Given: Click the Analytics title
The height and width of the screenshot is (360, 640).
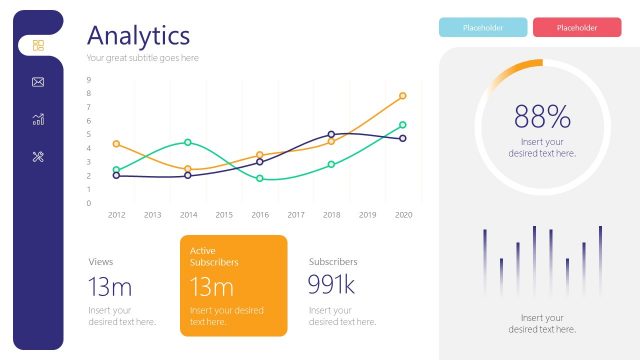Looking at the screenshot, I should (138, 35).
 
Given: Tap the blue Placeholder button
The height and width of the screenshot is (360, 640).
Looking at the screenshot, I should (483, 27).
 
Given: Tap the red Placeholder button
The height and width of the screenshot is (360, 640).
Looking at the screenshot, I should (577, 27).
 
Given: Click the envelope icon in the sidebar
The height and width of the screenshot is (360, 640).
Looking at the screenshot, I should (38, 82).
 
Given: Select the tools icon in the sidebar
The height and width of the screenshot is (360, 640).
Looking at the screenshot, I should (38, 156).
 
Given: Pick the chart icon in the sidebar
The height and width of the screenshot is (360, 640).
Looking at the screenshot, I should (38, 119).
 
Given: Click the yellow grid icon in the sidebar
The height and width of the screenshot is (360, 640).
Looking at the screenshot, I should (38, 45).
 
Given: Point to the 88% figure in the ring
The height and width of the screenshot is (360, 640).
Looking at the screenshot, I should (542, 117).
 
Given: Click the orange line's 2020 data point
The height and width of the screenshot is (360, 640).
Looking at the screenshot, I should (403, 96).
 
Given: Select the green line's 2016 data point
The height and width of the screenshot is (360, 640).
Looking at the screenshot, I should (260, 179).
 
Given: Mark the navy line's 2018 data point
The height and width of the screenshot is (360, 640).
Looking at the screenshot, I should (331, 134).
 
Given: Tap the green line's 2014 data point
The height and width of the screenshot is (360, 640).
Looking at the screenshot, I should (188, 143).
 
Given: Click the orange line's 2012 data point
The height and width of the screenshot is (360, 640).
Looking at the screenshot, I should (116, 144).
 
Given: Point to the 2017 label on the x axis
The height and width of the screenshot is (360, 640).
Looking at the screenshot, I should (296, 214).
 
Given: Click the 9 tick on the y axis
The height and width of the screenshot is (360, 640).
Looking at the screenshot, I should (89, 80).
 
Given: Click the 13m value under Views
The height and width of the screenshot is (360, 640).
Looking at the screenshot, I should (110, 288).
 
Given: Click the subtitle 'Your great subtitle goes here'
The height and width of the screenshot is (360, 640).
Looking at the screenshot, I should (142, 58).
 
